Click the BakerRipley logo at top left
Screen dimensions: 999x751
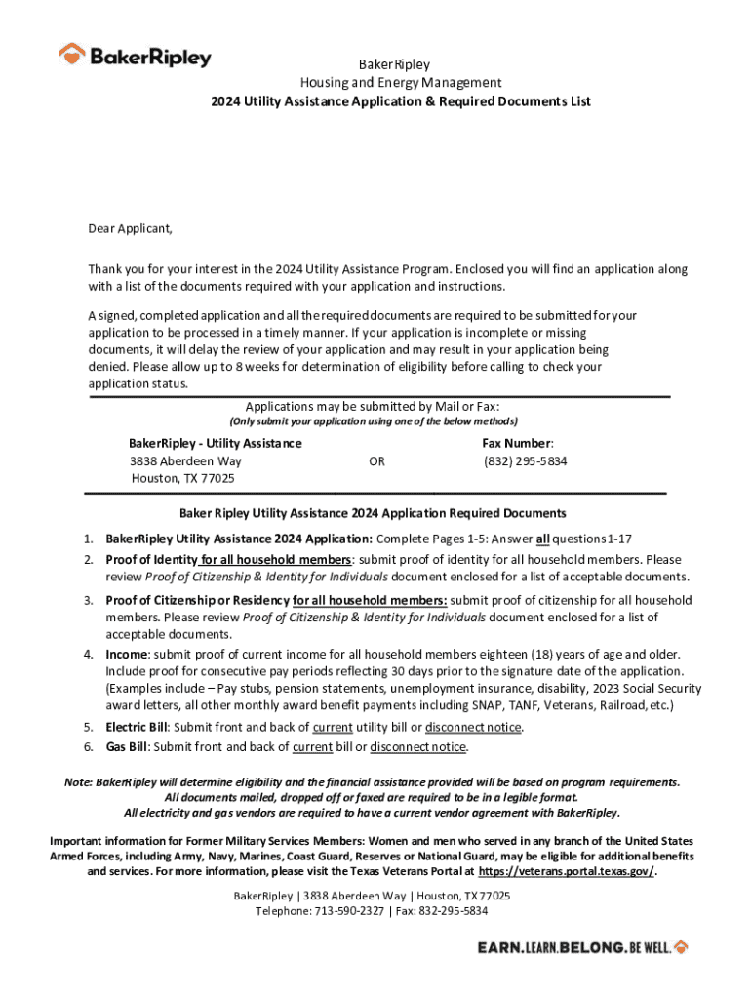pyautogui.click(x=135, y=56)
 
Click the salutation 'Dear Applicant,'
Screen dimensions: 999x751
pyautogui.click(x=131, y=229)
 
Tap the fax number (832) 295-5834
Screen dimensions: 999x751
pyautogui.click(x=525, y=460)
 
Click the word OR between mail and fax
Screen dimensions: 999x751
pyautogui.click(x=376, y=460)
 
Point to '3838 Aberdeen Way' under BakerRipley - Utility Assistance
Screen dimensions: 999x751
pyautogui.click(x=185, y=460)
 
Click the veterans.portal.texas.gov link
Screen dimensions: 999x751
pyautogui.click(x=567, y=871)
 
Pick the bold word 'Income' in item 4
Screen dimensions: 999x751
pyautogui.click(x=127, y=653)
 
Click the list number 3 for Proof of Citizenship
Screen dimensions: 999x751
pyautogui.click(x=87, y=600)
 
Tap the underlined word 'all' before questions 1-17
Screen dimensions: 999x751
pyautogui.click(x=544, y=539)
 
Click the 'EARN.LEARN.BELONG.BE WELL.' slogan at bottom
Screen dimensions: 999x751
pyautogui.click(x=582, y=947)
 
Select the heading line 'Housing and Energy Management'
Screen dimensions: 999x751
pyautogui.click(x=400, y=83)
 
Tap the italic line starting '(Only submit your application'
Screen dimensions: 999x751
pyautogui.click(x=374, y=422)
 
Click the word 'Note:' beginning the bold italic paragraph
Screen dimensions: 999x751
pyautogui.click(x=79, y=782)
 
